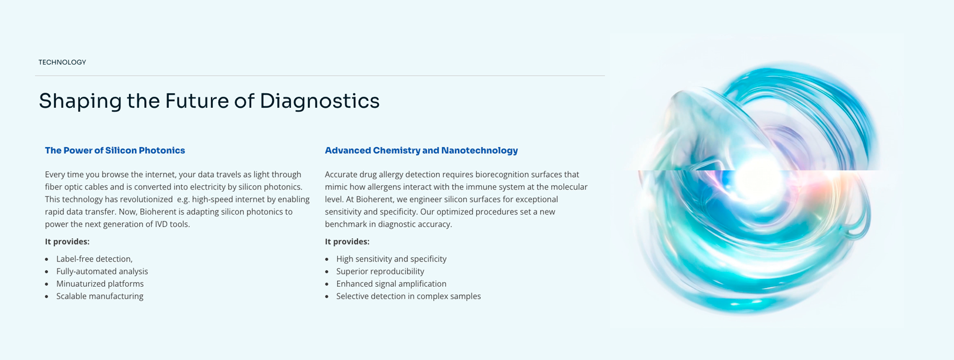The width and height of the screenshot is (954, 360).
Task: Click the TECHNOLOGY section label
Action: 62,62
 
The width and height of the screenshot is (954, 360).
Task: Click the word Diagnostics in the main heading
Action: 320,101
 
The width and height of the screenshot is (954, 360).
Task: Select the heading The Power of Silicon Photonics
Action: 115,150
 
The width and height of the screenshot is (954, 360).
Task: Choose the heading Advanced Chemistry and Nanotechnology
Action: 421,150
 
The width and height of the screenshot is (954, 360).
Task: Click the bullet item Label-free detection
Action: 94,259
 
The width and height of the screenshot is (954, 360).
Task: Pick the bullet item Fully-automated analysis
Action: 102,271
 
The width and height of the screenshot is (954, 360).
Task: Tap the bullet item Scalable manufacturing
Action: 100,296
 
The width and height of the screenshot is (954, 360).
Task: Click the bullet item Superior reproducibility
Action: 381,271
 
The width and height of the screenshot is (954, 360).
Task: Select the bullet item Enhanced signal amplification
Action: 392,284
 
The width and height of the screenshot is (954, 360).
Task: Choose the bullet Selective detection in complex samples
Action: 409,296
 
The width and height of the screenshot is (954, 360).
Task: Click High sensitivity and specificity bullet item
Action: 392,259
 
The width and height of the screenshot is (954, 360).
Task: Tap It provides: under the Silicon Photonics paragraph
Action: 67,242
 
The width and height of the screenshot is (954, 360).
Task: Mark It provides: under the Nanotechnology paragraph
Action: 347,242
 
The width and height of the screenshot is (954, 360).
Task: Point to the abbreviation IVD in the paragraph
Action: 161,224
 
